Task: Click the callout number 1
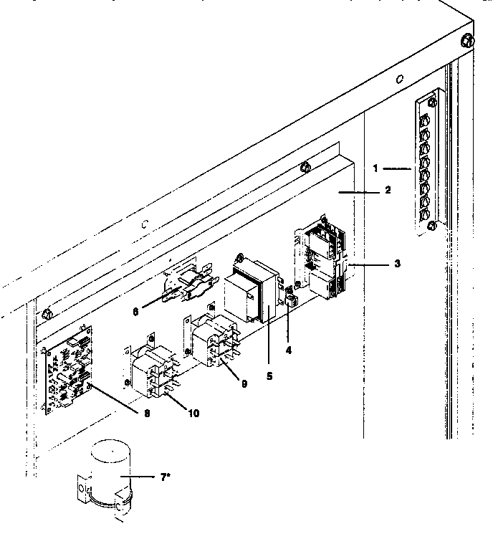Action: click(375, 168)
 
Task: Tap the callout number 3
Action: click(397, 263)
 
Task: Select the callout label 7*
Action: click(166, 477)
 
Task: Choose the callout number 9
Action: click(244, 384)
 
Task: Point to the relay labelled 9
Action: click(212, 340)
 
